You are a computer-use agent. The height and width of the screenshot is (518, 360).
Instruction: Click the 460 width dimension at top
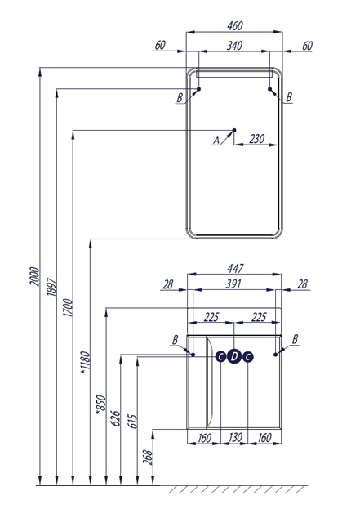point(235,25)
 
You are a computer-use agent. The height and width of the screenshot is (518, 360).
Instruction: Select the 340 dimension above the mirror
point(234,46)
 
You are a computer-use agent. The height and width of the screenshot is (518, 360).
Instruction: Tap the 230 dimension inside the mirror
point(256,139)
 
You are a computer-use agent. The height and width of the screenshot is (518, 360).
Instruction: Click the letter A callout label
point(216,141)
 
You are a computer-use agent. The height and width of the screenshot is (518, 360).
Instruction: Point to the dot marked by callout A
point(234,130)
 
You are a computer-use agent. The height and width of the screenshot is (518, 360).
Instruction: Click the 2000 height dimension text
point(34,276)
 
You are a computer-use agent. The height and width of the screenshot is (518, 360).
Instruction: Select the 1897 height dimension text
point(51,286)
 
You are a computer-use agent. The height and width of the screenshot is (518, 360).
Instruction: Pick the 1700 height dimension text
point(68,307)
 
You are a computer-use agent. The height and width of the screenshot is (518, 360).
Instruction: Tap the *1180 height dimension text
point(85,363)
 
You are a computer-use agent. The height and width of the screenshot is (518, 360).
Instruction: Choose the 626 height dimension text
point(116,418)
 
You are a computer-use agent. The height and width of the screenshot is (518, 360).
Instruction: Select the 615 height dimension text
point(132,421)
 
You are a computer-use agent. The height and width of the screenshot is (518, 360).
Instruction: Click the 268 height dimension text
point(148,457)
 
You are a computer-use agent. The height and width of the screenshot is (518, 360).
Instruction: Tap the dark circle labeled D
point(234,357)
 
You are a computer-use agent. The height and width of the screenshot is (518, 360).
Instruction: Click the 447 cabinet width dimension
point(235,268)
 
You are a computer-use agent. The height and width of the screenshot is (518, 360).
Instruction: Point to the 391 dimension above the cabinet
point(233,284)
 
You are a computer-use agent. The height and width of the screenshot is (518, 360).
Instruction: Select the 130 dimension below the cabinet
point(235,438)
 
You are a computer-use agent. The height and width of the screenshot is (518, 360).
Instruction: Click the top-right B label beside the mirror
point(289,97)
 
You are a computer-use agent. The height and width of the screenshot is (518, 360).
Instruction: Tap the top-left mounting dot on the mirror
point(198,89)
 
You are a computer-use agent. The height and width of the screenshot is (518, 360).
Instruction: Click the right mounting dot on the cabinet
point(276,355)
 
